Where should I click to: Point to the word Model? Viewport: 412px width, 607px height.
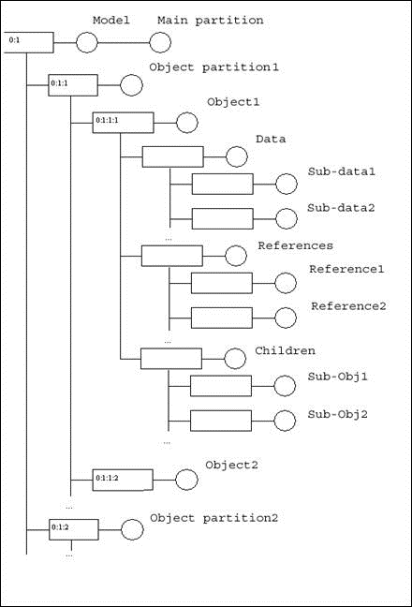(110, 20)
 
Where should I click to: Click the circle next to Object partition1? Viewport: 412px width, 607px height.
(130, 85)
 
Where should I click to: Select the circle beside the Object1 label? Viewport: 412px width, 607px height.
(187, 122)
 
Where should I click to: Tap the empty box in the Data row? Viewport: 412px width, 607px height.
(172, 156)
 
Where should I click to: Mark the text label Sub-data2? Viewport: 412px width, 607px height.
(341, 207)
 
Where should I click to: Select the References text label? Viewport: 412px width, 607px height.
(295, 245)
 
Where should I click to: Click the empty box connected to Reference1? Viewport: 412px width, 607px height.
(221, 283)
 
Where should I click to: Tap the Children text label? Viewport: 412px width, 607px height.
(285, 350)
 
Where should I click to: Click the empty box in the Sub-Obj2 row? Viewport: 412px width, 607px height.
(221, 420)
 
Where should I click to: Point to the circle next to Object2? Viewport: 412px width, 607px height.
(187, 479)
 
